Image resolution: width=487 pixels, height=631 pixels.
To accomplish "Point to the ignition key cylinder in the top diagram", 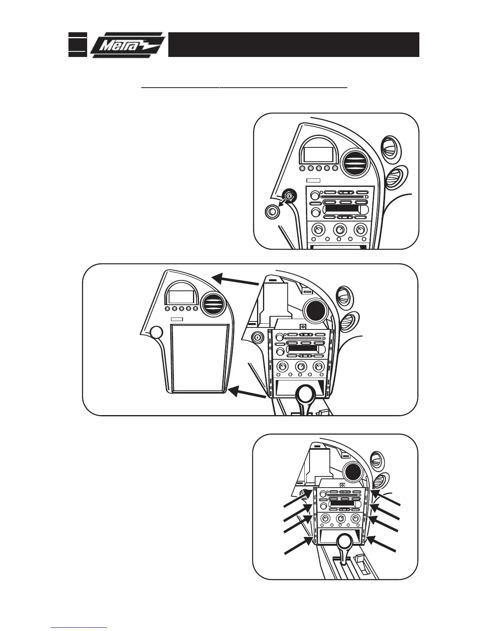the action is (289, 196).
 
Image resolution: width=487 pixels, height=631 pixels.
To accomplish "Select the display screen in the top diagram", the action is (318, 155).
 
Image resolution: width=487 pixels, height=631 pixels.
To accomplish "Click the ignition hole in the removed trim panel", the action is (156, 332).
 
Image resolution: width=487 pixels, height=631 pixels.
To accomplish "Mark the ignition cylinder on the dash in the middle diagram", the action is (257, 338).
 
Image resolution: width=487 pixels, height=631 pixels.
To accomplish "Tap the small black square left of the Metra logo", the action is (78, 45).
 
